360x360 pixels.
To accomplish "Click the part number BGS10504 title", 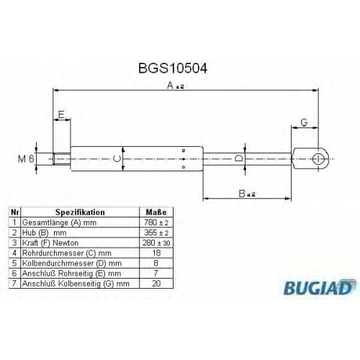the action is (173, 68).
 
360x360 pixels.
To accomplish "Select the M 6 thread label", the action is (26, 159).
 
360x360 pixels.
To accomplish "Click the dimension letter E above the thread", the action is (61, 114).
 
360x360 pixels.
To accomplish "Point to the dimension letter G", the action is (304, 122).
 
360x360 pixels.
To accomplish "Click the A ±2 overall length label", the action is (176, 85).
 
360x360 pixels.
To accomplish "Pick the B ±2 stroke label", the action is (247, 194).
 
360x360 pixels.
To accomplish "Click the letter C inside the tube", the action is (117, 158).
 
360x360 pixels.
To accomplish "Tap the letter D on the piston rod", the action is (238, 158).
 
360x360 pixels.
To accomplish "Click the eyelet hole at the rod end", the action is (318, 159).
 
